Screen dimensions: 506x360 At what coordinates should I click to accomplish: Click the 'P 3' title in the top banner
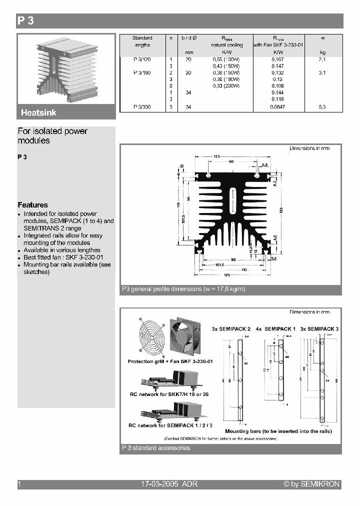[x=25, y=21]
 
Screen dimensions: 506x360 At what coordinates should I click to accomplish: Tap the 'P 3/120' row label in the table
[x=142, y=59]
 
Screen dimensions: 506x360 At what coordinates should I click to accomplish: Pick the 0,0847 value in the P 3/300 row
[x=277, y=107]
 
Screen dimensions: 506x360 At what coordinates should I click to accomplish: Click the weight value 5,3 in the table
[x=322, y=107]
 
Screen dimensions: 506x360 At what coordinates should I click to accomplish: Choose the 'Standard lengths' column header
[x=142, y=41]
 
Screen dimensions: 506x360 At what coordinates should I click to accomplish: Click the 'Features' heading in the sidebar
[x=33, y=205]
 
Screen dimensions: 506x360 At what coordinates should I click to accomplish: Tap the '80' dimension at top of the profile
[x=231, y=161]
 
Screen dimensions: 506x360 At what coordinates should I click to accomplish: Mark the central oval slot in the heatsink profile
[x=231, y=202]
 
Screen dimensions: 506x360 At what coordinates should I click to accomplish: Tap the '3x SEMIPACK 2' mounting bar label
[x=231, y=329]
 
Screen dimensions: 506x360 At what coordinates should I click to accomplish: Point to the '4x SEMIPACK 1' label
[x=276, y=329]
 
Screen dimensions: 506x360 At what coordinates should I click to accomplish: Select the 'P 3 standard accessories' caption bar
[x=156, y=448]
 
